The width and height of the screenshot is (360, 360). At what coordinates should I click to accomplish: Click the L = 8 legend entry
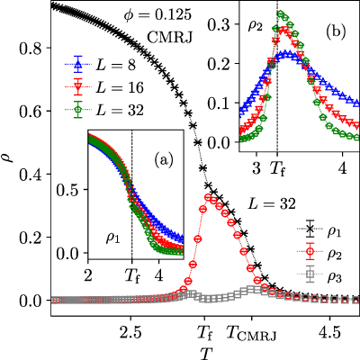pyautogui.click(x=101, y=65)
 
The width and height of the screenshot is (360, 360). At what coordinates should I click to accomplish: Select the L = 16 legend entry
pyautogui.click(x=104, y=87)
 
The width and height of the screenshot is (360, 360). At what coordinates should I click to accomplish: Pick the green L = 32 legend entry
pyautogui.click(x=104, y=110)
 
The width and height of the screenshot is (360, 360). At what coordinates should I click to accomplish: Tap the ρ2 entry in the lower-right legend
pyautogui.click(x=319, y=256)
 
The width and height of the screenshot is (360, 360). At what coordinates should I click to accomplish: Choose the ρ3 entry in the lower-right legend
pyautogui.click(x=319, y=278)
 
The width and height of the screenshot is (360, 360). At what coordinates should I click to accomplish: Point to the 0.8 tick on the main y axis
pyautogui.click(x=31, y=49)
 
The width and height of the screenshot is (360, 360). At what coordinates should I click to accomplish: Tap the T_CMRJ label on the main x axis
pyautogui.click(x=251, y=333)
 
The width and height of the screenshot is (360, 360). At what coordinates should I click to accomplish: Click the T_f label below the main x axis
pyautogui.click(x=204, y=333)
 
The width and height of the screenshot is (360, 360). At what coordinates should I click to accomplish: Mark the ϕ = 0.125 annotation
pyautogui.click(x=157, y=15)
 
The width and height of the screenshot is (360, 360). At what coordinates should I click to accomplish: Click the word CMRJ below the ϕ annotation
pyautogui.click(x=169, y=38)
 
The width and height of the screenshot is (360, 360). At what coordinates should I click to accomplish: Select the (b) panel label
pyautogui.click(x=336, y=31)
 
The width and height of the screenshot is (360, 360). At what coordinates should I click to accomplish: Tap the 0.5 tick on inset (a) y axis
pyautogui.click(x=70, y=190)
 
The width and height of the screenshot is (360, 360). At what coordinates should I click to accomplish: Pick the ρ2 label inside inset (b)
pyautogui.click(x=256, y=26)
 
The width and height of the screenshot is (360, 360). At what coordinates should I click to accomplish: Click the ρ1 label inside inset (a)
pyautogui.click(x=112, y=238)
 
